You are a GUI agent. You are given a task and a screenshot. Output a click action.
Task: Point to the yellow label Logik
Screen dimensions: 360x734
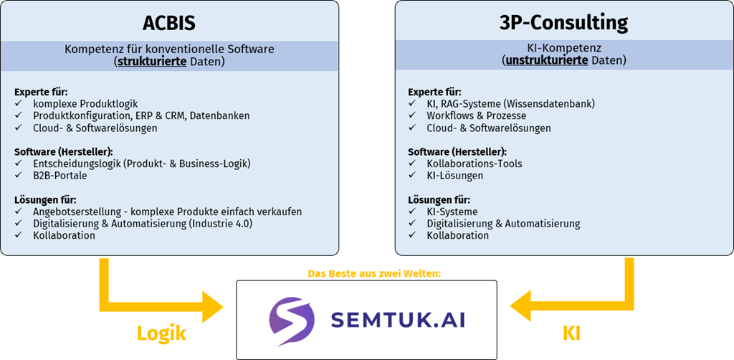pos(161,333)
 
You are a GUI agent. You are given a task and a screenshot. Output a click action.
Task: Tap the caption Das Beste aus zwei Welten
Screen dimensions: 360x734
pos(366,273)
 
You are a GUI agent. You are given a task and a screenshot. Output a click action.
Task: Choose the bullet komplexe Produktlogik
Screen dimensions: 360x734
pos(85,104)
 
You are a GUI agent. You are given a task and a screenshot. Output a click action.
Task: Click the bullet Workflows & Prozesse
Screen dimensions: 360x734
pos(476,116)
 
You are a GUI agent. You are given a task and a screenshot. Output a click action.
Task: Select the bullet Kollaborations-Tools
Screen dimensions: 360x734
pos(475,164)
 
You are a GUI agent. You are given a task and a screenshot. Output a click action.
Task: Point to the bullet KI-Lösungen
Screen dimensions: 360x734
pos(455,176)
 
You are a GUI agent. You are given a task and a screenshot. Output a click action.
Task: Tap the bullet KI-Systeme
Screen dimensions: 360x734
pos(452,212)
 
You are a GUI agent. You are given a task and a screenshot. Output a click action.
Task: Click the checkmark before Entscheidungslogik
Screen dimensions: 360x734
pos(18,164)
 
